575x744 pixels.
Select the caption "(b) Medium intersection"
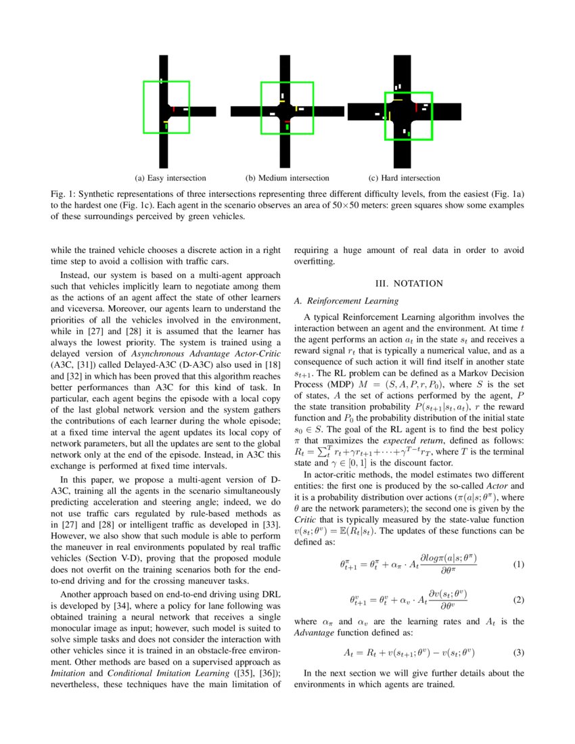click(x=287, y=178)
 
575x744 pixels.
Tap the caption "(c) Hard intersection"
click(x=404, y=178)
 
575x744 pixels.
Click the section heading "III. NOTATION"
click(x=409, y=283)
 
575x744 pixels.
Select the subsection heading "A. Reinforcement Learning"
click(x=346, y=300)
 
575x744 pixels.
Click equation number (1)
click(x=518, y=564)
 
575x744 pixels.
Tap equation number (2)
click(x=518, y=600)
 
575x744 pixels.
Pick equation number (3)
click(x=518, y=653)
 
